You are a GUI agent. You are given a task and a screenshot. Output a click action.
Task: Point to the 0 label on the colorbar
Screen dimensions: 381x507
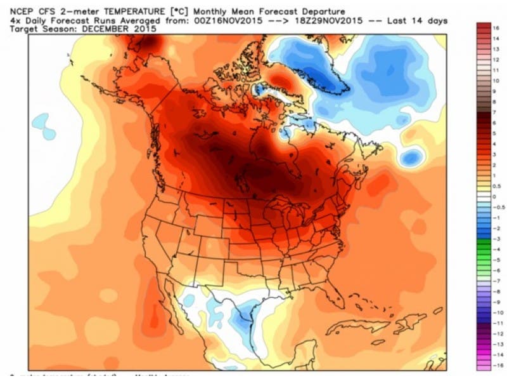[496, 197]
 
